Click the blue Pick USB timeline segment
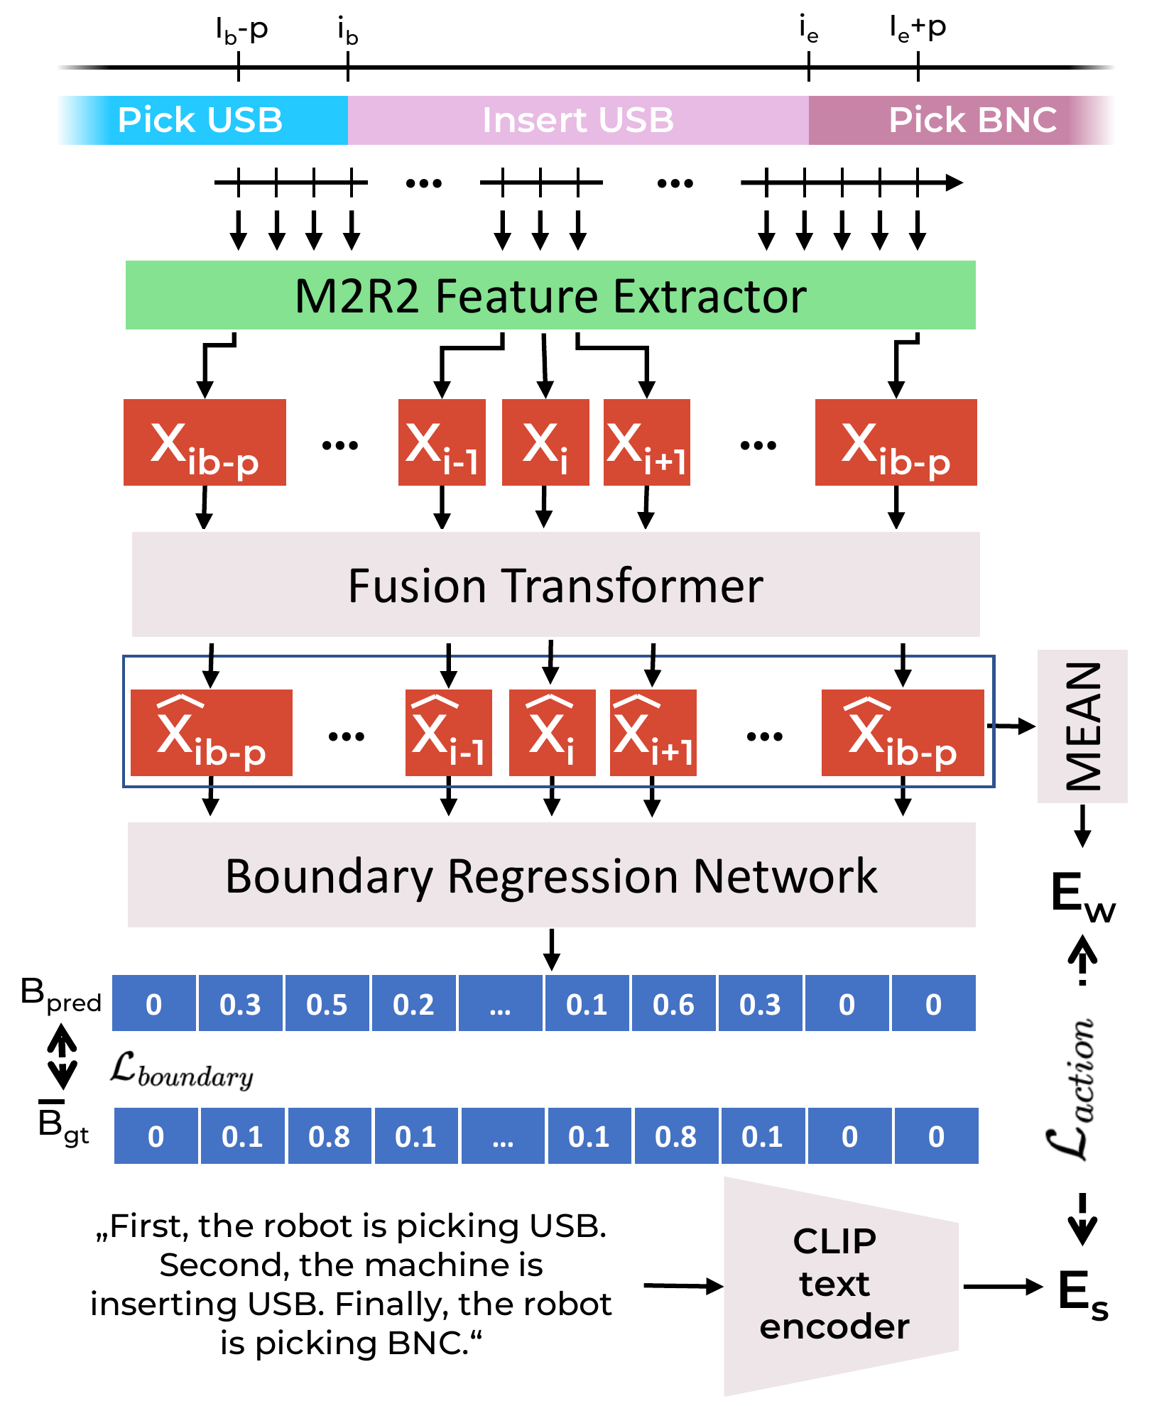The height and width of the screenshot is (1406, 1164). [202, 120]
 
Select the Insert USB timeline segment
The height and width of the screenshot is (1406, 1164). [577, 120]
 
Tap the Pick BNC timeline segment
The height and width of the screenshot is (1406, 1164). [959, 120]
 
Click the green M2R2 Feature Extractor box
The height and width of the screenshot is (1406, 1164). [550, 295]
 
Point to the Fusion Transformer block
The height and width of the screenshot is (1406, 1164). [555, 584]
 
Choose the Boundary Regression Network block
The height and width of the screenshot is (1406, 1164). [551, 875]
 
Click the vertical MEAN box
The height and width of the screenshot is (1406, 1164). [1082, 726]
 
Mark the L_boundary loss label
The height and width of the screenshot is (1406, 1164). [182, 1070]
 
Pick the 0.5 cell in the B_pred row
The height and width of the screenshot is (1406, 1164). [327, 1003]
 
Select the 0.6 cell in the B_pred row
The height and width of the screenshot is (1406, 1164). [673, 1003]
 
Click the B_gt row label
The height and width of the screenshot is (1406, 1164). [62, 1124]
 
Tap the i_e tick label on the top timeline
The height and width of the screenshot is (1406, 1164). [809, 30]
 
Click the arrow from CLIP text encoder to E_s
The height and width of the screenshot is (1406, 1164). [1002, 1286]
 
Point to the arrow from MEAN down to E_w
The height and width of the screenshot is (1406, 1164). [1082, 825]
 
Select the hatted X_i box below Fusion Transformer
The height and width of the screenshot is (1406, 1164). [552, 733]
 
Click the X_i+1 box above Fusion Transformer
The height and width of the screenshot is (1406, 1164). [646, 442]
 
